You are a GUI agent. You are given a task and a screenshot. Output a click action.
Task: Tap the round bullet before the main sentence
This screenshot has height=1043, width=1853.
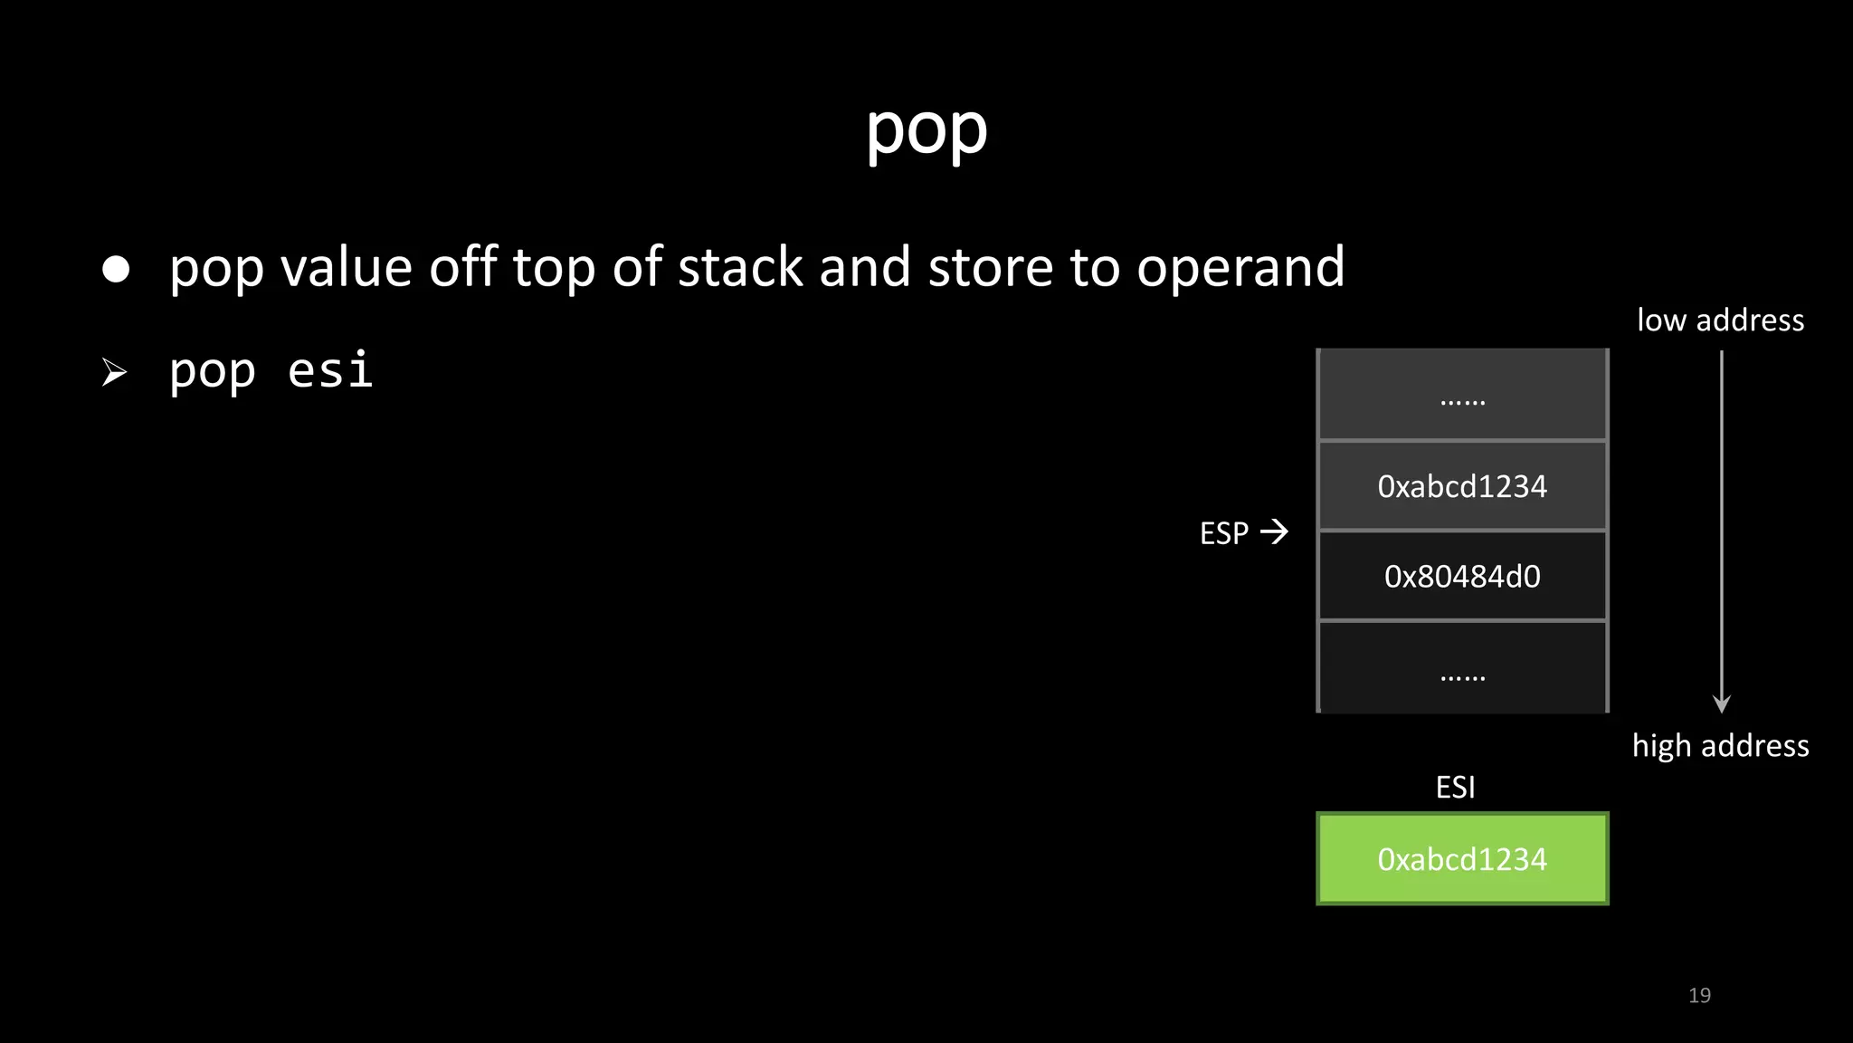[116, 269]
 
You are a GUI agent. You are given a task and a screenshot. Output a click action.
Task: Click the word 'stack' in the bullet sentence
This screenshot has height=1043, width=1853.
[740, 268]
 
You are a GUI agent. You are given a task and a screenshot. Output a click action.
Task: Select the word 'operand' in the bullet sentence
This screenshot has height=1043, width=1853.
[1240, 270]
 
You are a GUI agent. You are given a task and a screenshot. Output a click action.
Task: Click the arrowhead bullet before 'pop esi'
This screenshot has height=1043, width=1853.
[114, 372]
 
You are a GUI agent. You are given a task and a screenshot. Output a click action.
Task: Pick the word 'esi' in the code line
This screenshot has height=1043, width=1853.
[330, 370]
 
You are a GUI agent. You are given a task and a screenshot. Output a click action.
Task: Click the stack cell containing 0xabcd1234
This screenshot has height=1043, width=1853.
[1462, 486]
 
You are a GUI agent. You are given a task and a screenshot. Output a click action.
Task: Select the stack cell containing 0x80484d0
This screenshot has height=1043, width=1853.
[1462, 576]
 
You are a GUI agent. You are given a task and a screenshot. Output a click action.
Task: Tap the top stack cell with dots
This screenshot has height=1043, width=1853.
[1462, 396]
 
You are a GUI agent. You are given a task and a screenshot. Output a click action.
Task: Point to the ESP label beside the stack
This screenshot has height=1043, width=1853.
[1223, 533]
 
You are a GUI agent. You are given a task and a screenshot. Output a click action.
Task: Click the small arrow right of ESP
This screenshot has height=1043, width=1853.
[1274, 531]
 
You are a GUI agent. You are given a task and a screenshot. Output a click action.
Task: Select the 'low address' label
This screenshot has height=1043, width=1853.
[1720, 321]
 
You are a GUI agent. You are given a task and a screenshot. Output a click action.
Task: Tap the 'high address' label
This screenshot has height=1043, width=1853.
[1720, 746]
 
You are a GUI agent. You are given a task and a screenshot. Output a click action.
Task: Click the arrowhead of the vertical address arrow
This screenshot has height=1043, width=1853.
[1722, 704]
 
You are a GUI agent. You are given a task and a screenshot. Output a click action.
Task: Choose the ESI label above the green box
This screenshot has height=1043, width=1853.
[1455, 788]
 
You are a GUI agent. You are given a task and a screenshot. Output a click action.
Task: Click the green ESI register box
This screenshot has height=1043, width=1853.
[1462, 858]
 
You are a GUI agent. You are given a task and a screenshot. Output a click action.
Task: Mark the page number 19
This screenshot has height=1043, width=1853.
[1699, 996]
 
